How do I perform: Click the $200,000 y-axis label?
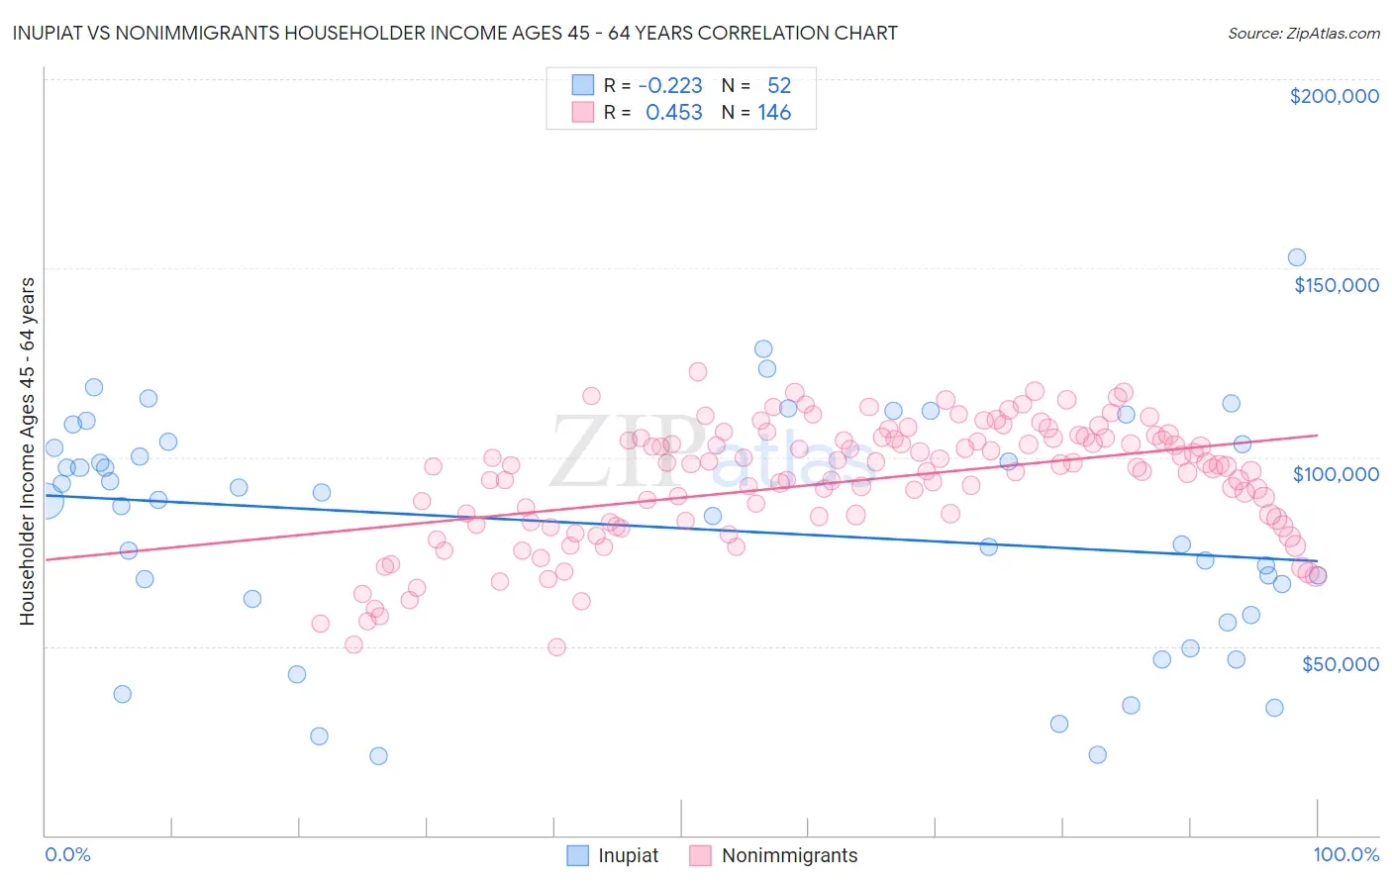[x=1334, y=96]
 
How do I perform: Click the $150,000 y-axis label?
[x=1336, y=285]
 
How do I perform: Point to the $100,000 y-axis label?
[x=1336, y=474]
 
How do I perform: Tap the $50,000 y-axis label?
[x=1340, y=663]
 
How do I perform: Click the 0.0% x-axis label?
[x=67, y=855]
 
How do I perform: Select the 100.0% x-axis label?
[x=1345, y=855]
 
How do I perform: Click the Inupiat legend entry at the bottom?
[x=628, y=856]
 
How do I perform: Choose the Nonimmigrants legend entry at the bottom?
[x=789, y=856]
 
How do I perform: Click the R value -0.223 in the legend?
[x=670, y=86]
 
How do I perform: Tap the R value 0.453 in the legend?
[x=673, y=113]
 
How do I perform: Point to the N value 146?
[x=774, y=113]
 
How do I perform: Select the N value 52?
[x=779, y=86]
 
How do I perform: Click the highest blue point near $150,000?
[x=1296, y=257]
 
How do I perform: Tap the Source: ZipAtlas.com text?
[x=1303, y=34]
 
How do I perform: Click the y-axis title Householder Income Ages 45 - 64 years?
[x=27, y=451]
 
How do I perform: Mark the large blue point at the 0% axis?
[x=46, y=501]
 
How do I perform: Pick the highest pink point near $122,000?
[x=697, y=371]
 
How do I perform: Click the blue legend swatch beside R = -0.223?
[x=583, y=86]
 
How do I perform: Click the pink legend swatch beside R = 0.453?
[x=583, y=113]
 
